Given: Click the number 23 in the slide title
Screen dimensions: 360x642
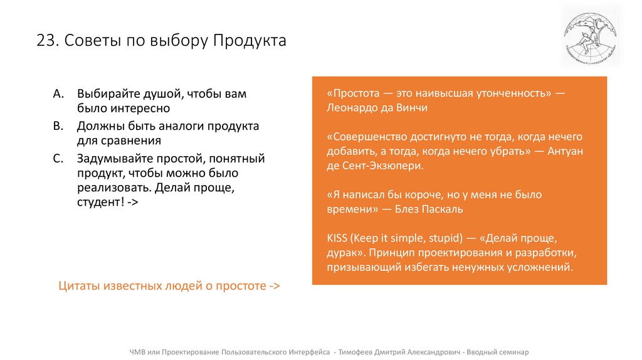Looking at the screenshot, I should coord(45,41).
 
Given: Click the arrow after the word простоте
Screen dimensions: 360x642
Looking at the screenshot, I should coord(274,285).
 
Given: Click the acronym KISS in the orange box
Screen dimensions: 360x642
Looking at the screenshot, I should coord(337,238).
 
